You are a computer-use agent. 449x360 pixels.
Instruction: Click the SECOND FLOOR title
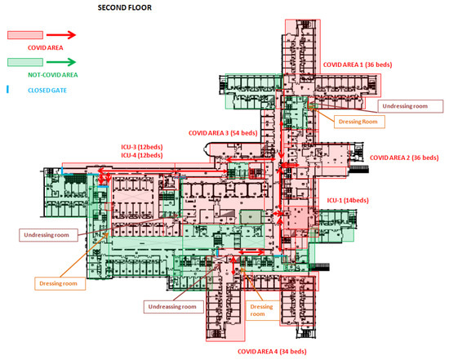coord(125,7)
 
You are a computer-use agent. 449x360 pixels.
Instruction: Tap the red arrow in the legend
coord(61,35)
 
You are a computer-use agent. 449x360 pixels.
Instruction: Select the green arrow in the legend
coord(61,62)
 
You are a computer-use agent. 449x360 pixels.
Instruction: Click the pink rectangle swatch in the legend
coord(25,35)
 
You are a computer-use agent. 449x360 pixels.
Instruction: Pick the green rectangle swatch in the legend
coord(25,62)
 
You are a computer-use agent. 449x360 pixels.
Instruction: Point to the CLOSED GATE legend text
coord(47,91)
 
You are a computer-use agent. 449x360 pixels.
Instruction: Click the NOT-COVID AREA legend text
coord(53,75)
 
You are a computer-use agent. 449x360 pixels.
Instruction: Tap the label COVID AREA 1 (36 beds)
coord(358,64)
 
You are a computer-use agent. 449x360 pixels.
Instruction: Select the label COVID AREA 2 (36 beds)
coord(404,158)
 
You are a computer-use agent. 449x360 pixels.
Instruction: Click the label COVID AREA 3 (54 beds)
coord(223,133)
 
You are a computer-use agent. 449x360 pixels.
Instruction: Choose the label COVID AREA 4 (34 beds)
coord(272,351)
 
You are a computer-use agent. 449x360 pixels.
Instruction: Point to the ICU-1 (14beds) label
coord(348,200)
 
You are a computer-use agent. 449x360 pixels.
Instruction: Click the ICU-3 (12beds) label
coord(142,147)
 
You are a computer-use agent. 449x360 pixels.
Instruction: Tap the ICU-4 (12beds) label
coord(142,155)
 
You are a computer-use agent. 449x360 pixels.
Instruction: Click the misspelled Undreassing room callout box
coord(174,307)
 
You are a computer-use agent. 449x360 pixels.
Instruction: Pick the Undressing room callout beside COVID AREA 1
coord(411,106)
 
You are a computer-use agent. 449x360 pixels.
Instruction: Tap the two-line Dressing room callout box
coord(263,310)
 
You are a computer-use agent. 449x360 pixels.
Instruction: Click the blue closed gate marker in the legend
coord(7,89)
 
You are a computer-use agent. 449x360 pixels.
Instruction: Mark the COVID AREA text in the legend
coord(45,48)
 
